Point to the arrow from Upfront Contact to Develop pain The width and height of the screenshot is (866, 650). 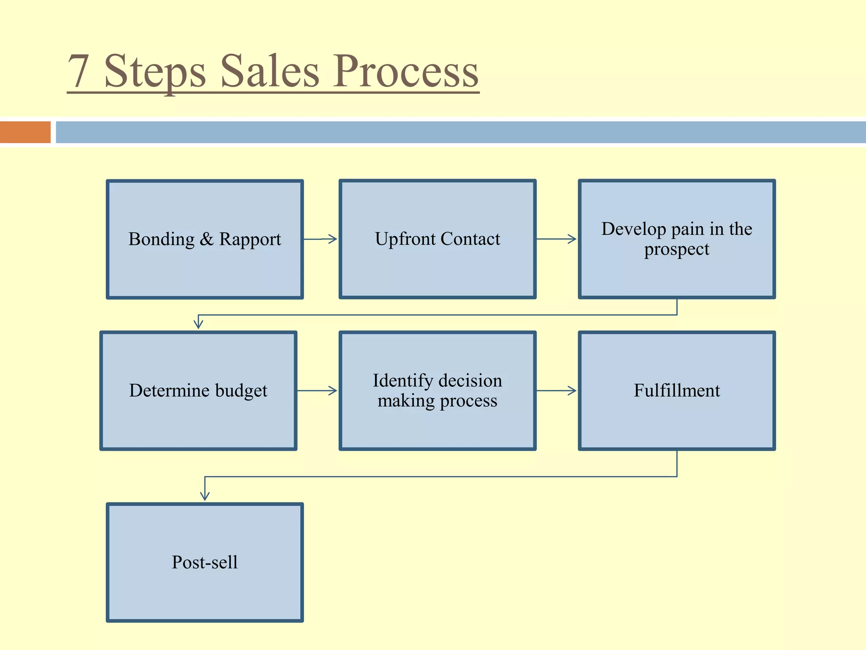click(556, 239)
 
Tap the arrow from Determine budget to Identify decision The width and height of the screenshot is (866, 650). click(317, 391)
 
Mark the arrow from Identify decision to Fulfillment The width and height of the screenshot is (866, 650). click(556, 391)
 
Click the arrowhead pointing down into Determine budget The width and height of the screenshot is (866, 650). click(198, 324)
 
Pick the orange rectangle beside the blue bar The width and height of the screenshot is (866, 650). click(25, 132)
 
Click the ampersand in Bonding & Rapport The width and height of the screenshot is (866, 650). click(207, 239)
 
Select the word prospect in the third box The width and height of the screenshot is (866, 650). click(677, 249)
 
